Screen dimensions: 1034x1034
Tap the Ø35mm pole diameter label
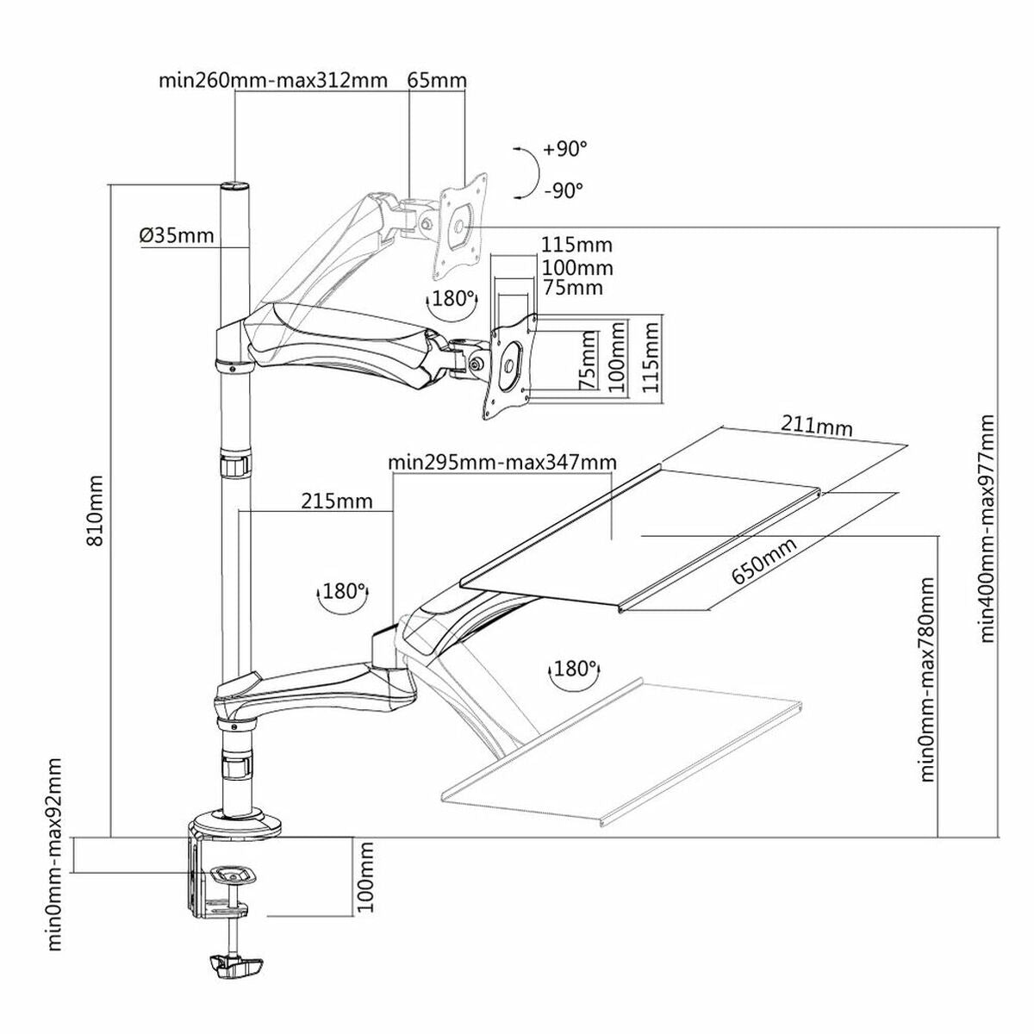pos(176,234)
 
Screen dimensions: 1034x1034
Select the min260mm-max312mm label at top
pos(272,82)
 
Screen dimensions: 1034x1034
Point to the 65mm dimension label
pos(437,82)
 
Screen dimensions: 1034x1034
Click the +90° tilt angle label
pos(564,149)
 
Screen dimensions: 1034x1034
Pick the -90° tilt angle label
pos(564,190)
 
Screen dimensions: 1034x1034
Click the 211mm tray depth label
pos(817,426)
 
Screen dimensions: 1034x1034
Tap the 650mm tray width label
pos(764,560)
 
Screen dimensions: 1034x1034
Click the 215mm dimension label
pos(337,501)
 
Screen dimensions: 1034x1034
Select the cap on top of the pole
pos(233,186)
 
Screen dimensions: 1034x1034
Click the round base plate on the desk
pos(234,824)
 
